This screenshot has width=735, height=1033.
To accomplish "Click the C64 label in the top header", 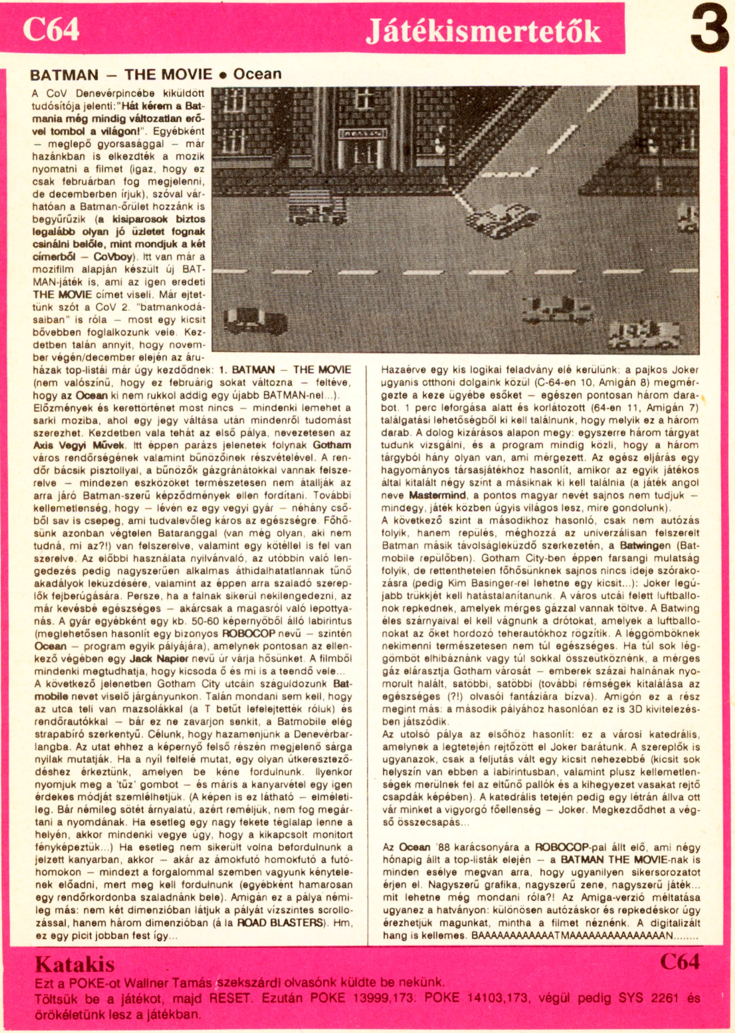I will (x=51, y=30).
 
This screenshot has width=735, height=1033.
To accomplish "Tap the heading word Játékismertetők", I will (x=483, y=32).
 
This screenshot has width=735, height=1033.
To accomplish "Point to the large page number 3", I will (x=710, y=31).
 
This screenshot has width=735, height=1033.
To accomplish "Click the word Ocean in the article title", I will (x=257, y=74).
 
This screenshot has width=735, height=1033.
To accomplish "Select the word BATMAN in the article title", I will (x=64, y=75).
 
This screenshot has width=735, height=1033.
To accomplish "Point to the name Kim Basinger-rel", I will (x=471, y=583).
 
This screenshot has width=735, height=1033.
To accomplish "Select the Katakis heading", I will (x=75, y=964).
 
